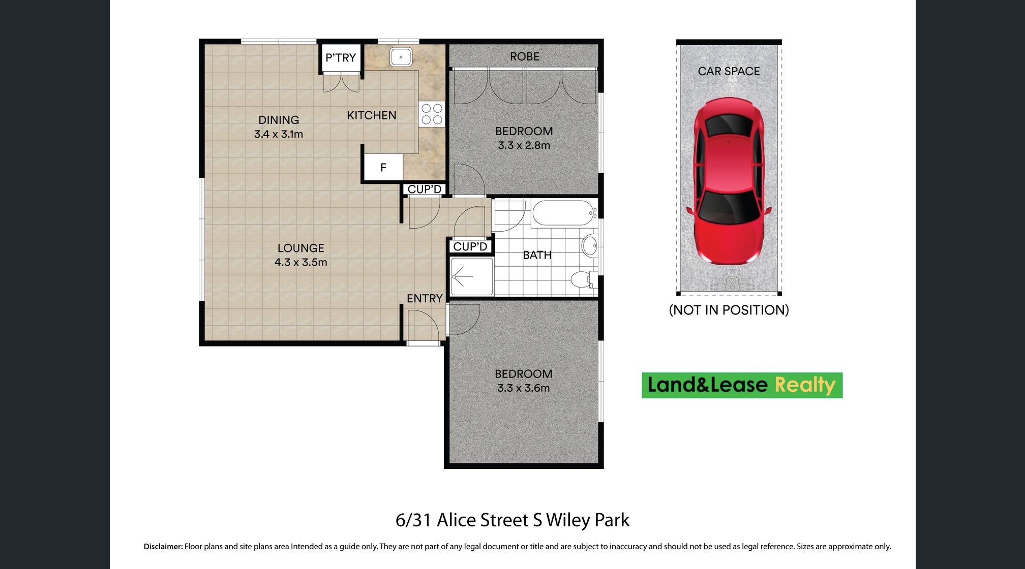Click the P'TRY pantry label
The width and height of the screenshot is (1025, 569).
pyautogui.click(x=341, y=58)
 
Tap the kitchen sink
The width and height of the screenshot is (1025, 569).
pyautogui.click(x=401, y=57)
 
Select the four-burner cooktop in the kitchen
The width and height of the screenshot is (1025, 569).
pyautogui.click(x=432, y=114)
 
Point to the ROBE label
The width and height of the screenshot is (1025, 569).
pyautogui.click(x=525, y=56)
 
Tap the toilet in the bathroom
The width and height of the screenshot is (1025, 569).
pyautogui.click(x=584, y=279)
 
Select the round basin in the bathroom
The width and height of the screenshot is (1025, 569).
pyautogui.click(x=590, y=246)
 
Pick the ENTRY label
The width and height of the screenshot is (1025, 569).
pyautogui.click(x=425, y=298)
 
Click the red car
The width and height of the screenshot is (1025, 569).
pyautogui.click(x=729, y=181)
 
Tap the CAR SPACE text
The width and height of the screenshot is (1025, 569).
pyautogui.click(x=729, y=71)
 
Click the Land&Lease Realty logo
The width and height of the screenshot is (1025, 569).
pyautogui.click(x=742, y=385)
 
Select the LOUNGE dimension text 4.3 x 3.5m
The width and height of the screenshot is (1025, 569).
pyautogui.click(x=301, y=262)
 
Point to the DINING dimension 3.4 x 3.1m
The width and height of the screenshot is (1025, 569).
pyautogui.click(x=279, y=134)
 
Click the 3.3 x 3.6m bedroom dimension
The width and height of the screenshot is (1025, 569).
pyautogui.click(x=524, y=388)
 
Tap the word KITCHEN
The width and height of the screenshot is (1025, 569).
pyautogui.click(x=372, y=115)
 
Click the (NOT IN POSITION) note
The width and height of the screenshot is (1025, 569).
pyautogui.click(x=729, y=310)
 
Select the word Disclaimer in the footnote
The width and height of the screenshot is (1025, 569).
pyautogui.click(x=163, y=547)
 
